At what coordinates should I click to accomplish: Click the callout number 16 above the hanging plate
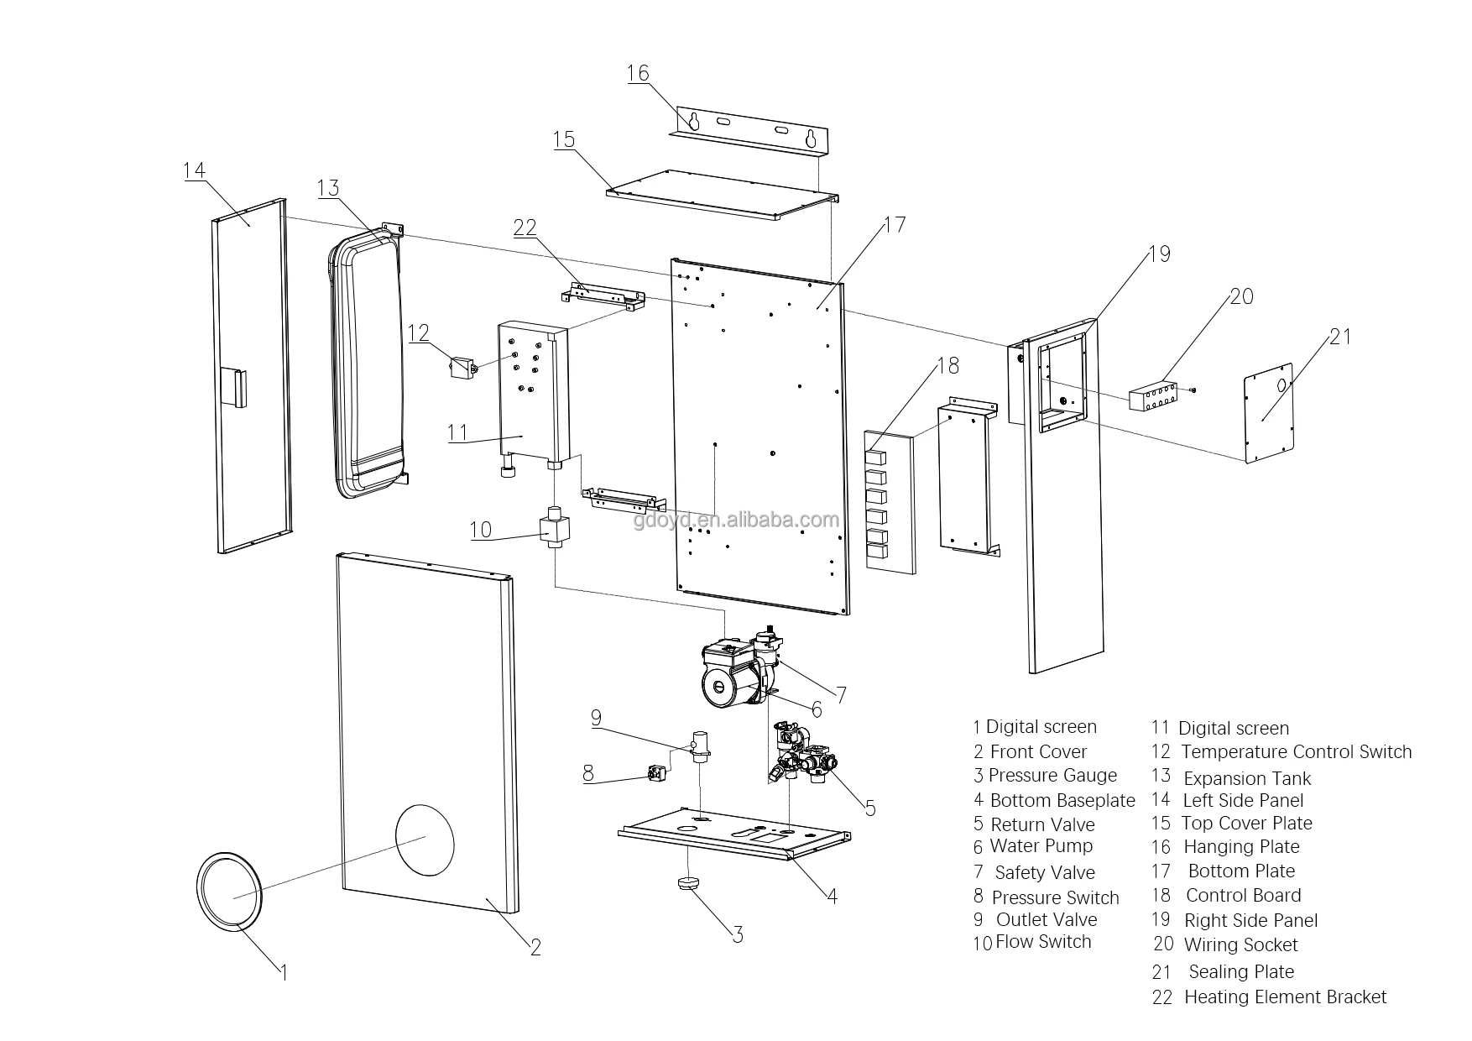tap(638, 73)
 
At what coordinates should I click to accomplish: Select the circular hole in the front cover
tap(425, 836)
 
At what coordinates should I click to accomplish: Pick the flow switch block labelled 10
tap(555, 528)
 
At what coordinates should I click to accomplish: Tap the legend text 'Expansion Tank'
tap(1247, 778)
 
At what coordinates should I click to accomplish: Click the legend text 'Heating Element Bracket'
tap(1286, 997)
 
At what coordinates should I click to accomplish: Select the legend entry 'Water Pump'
tap(1041, 846)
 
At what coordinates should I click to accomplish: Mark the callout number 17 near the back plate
tap(895, 225)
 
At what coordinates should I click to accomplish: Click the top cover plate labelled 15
tap(723, 195)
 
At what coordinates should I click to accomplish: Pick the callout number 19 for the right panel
tap(1159, 254)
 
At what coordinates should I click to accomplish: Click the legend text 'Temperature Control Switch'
tap(1297, 752)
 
